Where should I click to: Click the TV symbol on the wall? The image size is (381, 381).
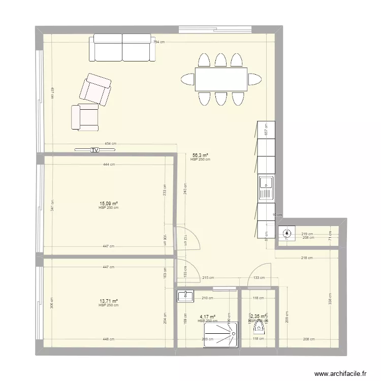pos(95,150)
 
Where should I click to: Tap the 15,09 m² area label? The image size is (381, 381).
pos(109,204)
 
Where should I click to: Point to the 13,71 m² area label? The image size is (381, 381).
pos(109,301)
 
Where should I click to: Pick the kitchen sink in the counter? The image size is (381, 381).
pos(266,188)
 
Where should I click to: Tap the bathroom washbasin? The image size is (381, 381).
pos(186,296)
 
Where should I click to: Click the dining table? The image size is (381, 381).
pos(220,79)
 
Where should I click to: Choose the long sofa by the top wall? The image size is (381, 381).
pos(122,48)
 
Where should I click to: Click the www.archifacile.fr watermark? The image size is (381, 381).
pos(341,373)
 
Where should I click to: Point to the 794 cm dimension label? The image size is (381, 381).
pos(159,42)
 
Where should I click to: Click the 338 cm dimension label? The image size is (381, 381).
pos(330,302)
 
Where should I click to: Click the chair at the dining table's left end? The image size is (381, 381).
pos(187,79)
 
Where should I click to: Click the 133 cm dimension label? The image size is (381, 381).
pos(259,278)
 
